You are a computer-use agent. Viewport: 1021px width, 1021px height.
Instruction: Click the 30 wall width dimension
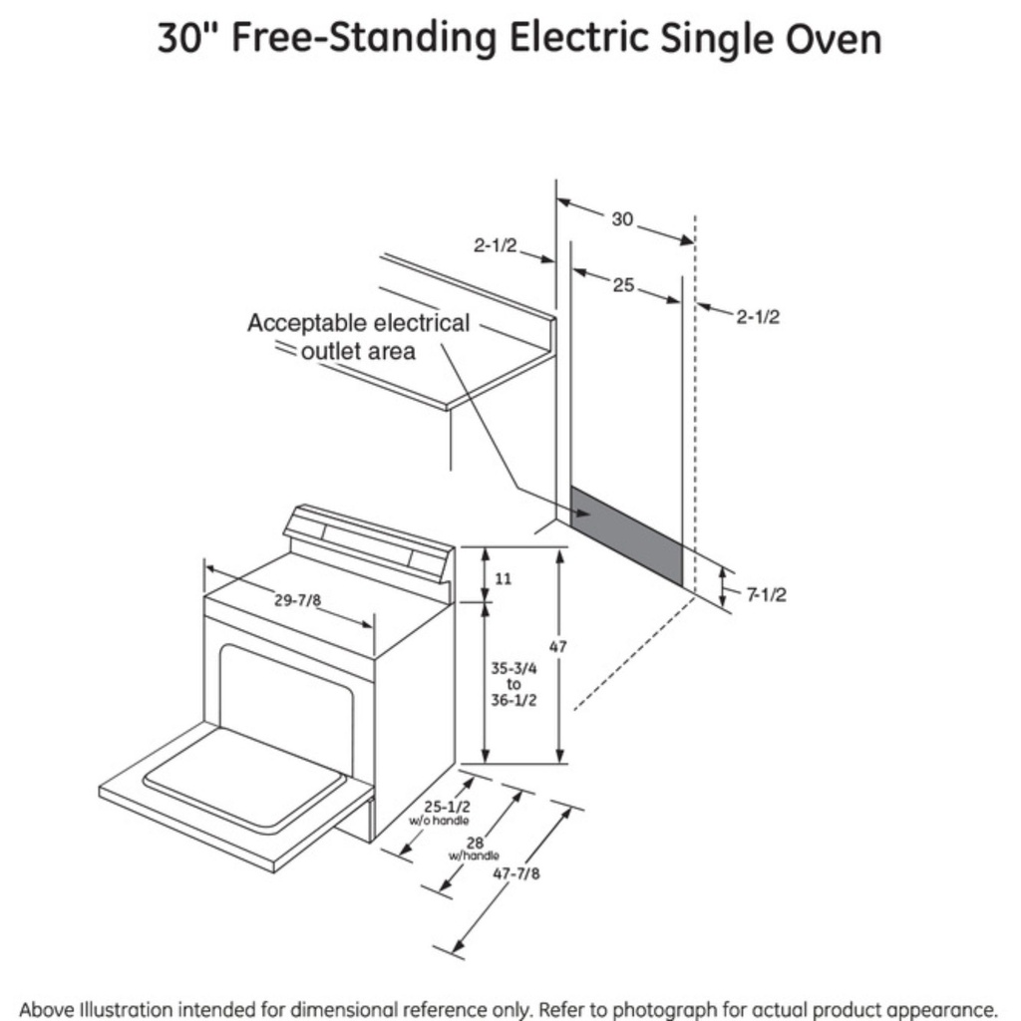coord(622,219)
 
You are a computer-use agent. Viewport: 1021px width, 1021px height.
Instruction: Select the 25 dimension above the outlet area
coord(623,285)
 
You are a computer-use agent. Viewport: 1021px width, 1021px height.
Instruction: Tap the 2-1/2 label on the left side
coord(495,245)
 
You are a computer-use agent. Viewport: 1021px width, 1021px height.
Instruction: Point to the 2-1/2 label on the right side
coord(758,317)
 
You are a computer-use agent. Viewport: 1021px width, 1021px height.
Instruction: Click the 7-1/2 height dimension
coord(767,594)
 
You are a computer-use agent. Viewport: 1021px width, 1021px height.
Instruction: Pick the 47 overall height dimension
coord(558,646)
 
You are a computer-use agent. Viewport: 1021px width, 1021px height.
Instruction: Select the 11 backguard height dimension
coord(504,578)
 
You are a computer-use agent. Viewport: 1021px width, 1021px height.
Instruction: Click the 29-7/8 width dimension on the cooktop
coord(297,599)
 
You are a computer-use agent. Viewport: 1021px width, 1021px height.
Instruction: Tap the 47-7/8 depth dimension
coord(516,873)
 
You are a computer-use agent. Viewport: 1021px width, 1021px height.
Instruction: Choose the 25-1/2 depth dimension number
coord(447,807)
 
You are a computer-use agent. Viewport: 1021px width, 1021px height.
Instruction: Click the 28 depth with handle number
coord(476,844)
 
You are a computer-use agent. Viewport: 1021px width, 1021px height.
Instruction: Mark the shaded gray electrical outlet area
coord(626,535)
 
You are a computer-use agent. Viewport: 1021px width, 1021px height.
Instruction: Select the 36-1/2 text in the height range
coord(513,701)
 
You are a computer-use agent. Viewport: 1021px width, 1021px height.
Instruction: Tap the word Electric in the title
coord(578,38)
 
